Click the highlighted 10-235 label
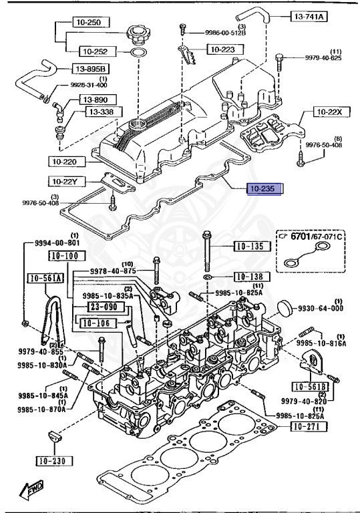point(264,189)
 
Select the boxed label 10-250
point(90,22)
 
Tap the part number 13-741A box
point(309,16)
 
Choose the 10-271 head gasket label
point(309,426)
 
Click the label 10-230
point(54,461)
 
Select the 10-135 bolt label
point(252,246)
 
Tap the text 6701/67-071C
point(316,236)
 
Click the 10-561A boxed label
point(45,278)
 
